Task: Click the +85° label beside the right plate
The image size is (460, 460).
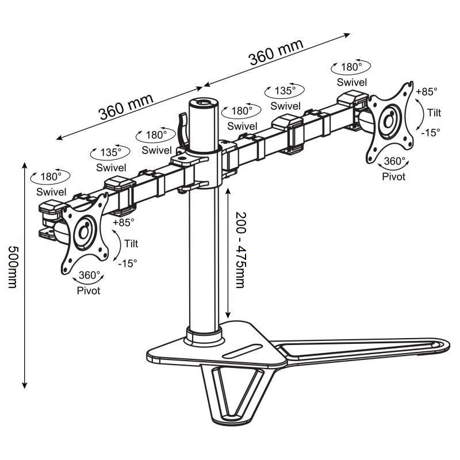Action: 426,91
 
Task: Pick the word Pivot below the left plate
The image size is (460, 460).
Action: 89,291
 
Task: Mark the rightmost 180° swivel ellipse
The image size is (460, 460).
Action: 351,67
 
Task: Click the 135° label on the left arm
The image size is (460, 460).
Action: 110,152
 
